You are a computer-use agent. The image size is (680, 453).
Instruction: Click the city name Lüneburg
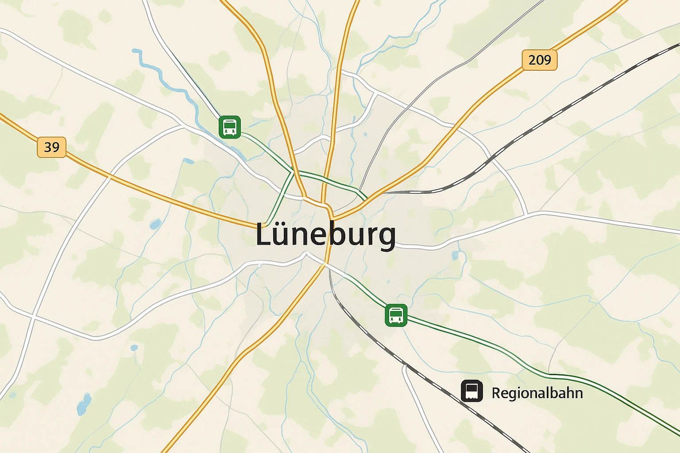(x=326, y=234)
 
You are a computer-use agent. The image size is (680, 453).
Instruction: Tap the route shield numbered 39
(x=52, y=147)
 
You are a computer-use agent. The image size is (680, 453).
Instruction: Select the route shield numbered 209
(x=539, y=60)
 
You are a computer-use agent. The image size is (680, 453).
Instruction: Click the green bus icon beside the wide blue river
(x=230, y=127)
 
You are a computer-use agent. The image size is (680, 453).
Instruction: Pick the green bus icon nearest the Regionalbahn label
(x=396, y=315)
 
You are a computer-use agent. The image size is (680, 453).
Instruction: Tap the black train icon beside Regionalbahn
(x=472, y=391)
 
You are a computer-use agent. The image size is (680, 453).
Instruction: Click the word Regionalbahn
(x=537, y=393)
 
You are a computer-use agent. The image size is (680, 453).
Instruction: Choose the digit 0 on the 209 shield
(x=540, y=60)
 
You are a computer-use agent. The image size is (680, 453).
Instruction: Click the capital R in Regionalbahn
(x=496, y=393)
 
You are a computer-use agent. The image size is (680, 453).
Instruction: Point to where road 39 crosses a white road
(x=108, y=177)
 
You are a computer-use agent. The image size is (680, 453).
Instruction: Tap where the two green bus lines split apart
(x=294, y=172)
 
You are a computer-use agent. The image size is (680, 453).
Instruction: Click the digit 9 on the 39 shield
(x=56, y=147)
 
